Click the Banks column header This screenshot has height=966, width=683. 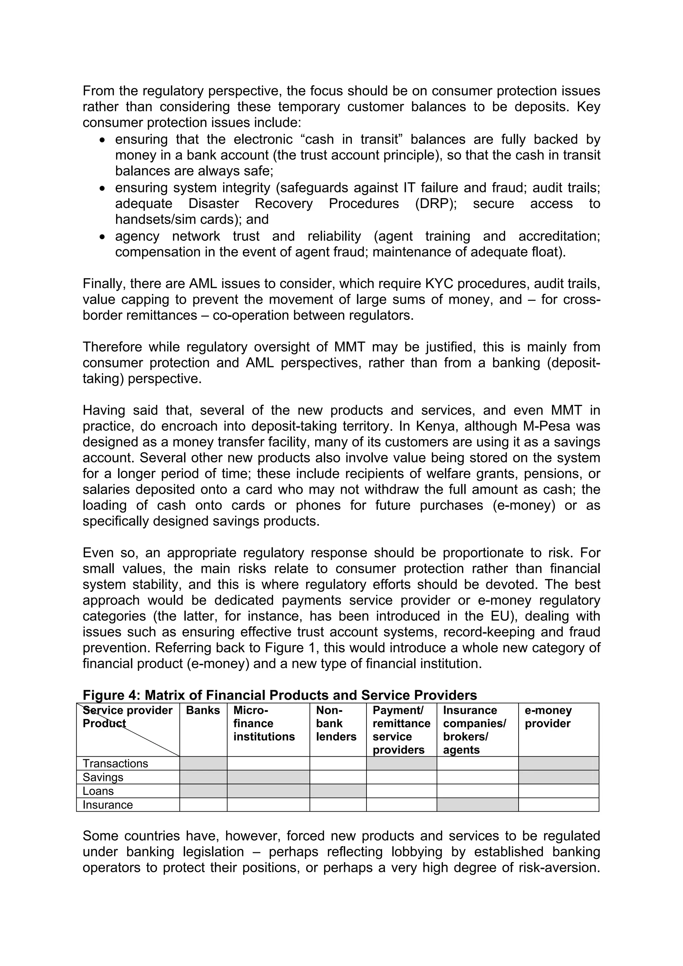pyautogui.click(x=203, y=711)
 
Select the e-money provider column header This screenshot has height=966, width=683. pyautogui.click(x=548, y=717)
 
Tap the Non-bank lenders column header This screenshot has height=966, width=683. pyautogui.click(x=336, y=724)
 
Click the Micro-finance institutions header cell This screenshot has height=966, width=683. pyautogui.click(x=264, y=724)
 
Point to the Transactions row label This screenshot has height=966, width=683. pyautogui.click(x=115, y=764)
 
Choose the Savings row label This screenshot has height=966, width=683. pyautogui.click(x=103, y=777)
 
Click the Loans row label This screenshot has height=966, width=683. pyautogui.click(x=98, y=791)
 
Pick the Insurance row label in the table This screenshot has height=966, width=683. pyautogui.click(x=107, y=805)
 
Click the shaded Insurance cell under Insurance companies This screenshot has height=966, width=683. pyautogui.click(x=477, y=805)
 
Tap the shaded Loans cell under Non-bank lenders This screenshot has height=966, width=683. pyautogui.click(x=337, y=791)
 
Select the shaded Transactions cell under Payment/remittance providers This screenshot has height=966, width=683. pyautogui.click(x=401, y=764)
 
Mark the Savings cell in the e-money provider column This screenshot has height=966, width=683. pyautogui.click(x=558, y=777)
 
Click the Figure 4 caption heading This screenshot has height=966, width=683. pyautogui.click(x=279, y=695)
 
